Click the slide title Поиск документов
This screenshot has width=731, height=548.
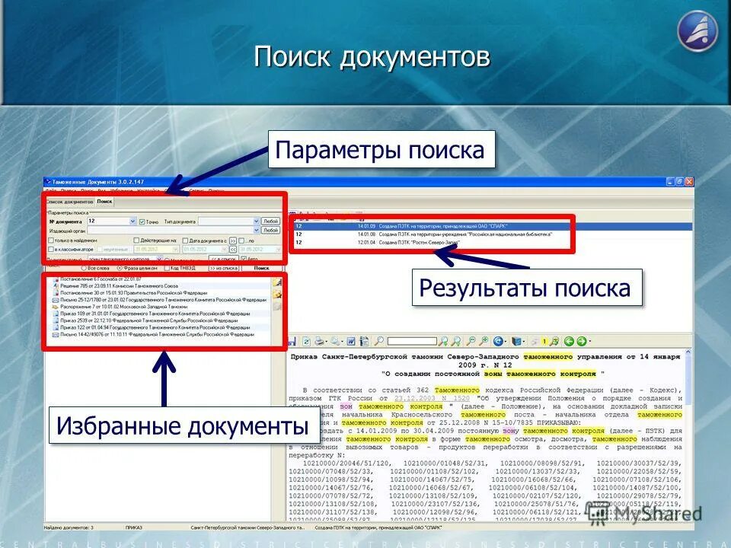(x=372, y=56)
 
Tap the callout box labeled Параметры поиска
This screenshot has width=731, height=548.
(x=380, y=150)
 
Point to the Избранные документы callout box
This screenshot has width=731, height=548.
(x=183, y=426)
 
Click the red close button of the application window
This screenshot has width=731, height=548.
(x=689, y=182)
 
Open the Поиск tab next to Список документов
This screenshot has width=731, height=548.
(x=104, y=202)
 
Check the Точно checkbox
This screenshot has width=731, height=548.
(x=142, y=221)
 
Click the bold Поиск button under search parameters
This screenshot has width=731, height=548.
(x=261, y=268)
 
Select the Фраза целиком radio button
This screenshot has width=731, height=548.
(x=119, y=268)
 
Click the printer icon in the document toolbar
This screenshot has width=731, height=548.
(x=320, y=342)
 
